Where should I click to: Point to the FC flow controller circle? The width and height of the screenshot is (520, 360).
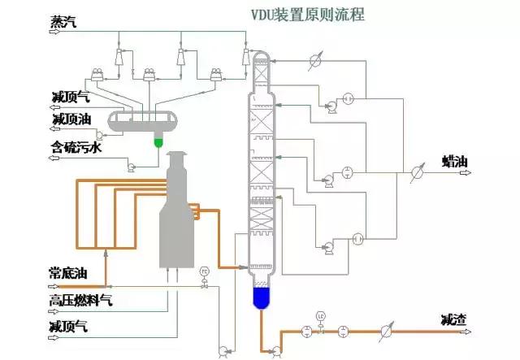coord(205,271)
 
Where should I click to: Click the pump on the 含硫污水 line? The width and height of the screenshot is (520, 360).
coord(131,167)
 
